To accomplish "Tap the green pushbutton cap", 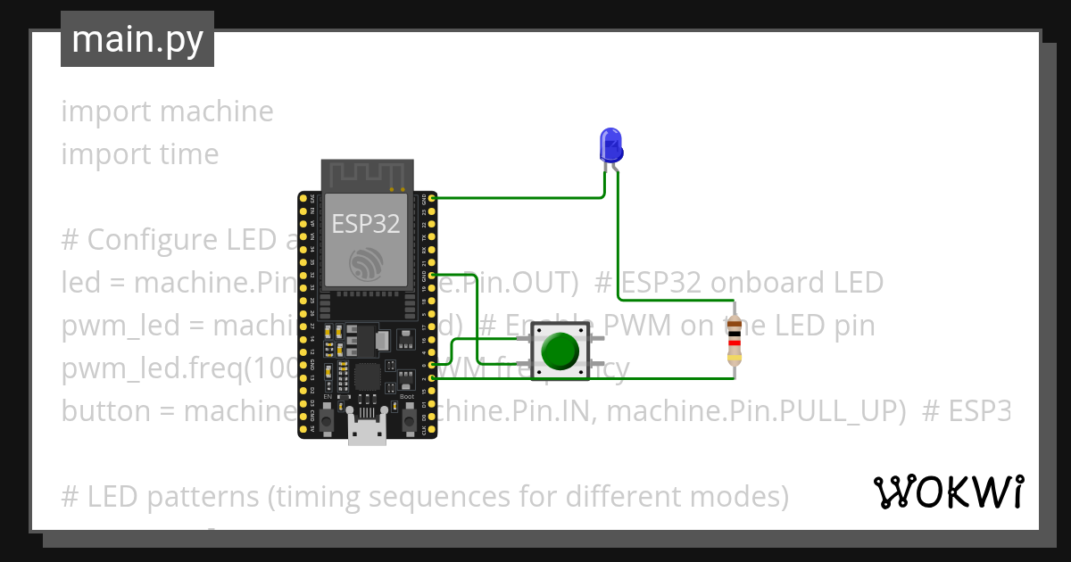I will pyautogui.click(x=560, y=351).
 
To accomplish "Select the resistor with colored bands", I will pyautogui.click(x=734, y=342).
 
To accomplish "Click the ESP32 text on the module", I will pyautogui.click(x=366, y=223).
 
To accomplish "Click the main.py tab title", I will pyautogui.click(x=137, y=39).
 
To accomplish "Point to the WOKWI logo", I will pyautogui.click(x=948, y=492).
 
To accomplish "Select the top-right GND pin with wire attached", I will pyautogui.click(x=432, y=197).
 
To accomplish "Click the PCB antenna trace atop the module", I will pyautogui.click(x=367, y=175).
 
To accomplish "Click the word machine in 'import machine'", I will pyautogui.click(x=217, y=112).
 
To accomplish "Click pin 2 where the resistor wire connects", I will pyautogui.click(x=432, y=378).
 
